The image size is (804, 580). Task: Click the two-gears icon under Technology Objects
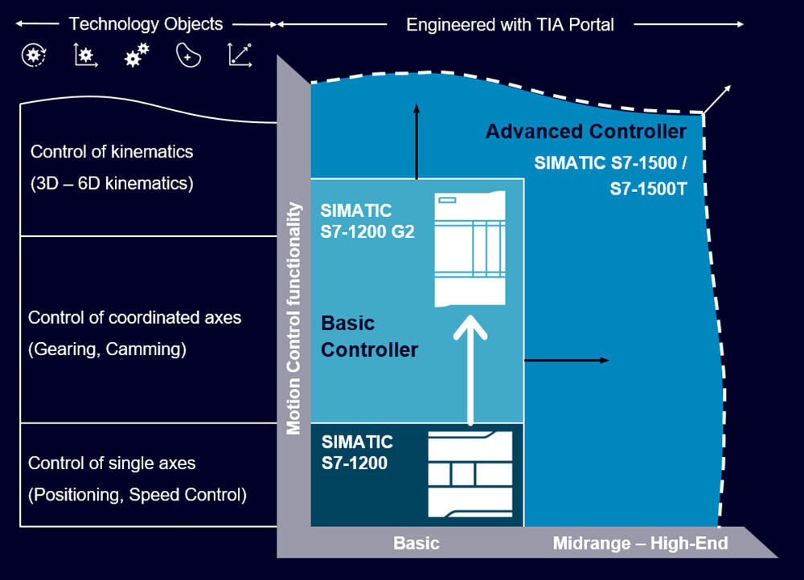tap(137, 55)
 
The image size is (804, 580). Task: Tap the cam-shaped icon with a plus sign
tap(188, 55)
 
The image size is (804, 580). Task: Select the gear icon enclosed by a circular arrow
tap(33, 55)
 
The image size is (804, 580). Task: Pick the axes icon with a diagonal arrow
tap(240, 55)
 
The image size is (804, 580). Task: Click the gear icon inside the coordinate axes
tap(85, 55)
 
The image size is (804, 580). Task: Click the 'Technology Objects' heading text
tap(146, 24)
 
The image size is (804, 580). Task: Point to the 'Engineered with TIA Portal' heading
tap(510, 25)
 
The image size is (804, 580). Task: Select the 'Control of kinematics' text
tap(112, 152)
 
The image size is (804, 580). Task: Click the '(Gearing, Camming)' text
tap(107, 350)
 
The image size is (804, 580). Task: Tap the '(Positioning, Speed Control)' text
tap(137, 495)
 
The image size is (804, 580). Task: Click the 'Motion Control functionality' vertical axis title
tap(294, 319)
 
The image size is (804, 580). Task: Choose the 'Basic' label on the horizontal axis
tap(416, 544)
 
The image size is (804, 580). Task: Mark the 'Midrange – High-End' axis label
tap(640, 544)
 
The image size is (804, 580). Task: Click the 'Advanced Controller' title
tap(586, 131)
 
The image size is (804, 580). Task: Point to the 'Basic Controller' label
tap(369, 337)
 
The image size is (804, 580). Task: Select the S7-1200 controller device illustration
tap(470, 474)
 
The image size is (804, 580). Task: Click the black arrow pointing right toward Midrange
tap(567, 361)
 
